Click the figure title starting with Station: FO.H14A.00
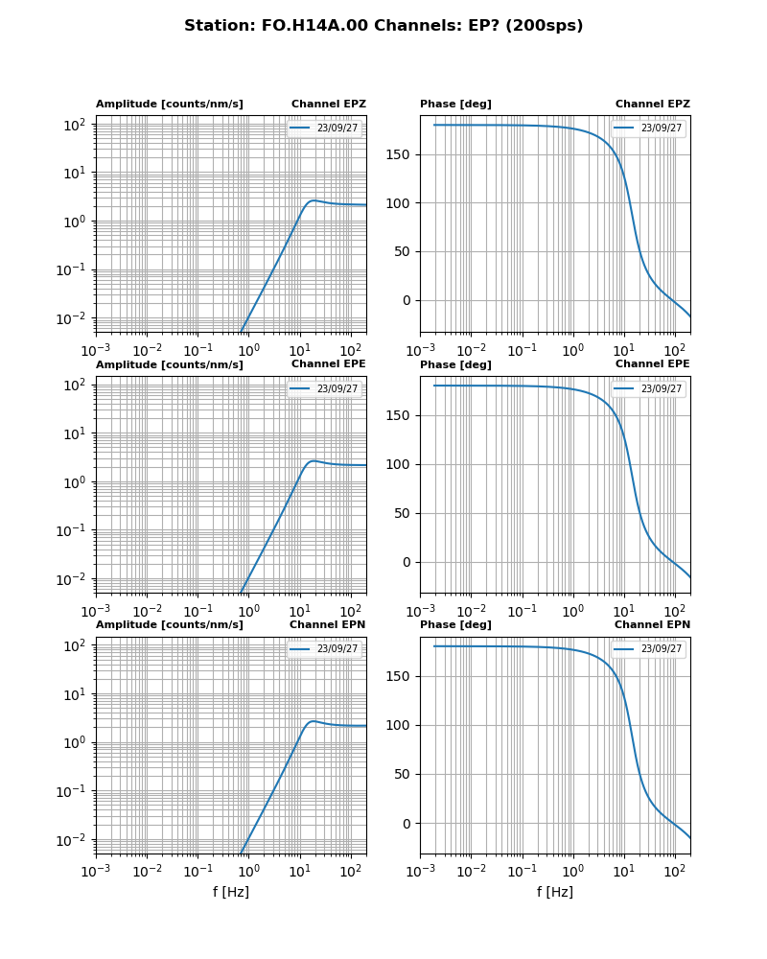(383, 26)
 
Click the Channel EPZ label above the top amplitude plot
(328, 105)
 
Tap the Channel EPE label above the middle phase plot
(652, 364)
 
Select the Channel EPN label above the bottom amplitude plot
(327, 625)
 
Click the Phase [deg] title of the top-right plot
(455, 105)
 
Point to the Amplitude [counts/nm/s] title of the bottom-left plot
(169, 625)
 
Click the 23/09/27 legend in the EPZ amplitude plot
(325, 129)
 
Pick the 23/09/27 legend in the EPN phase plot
(649, 649)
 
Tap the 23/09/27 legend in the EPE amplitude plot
(325, 388)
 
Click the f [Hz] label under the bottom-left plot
(231, 893)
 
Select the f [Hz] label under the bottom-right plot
(555, 893)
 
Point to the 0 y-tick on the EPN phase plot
(406, 824)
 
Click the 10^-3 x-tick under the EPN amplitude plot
(96, 871)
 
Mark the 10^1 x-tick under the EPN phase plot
(624, 871)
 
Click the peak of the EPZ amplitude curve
(314, 200)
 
